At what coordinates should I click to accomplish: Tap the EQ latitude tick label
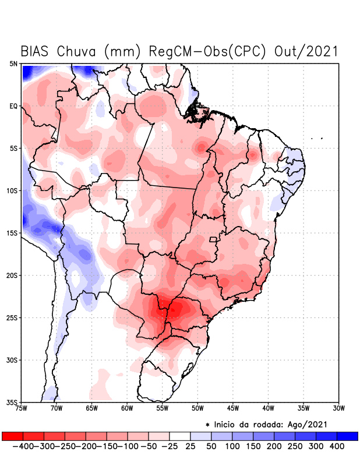(x=14, y=106)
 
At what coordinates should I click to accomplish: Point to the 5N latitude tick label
(x=14, y=63)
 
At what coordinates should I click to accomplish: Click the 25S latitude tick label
(x=12, y=318)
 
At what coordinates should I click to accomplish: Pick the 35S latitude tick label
(x=12, y=403)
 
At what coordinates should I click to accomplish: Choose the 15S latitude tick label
(x=12, y=233)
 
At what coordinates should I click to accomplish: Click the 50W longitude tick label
(x=197, y=408)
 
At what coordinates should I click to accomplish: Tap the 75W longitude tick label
(x=22, y=408)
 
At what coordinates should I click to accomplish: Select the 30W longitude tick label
(x=338, y=408)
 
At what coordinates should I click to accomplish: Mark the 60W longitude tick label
(x=127, y=408)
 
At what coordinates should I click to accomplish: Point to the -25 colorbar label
(x=169, y=446)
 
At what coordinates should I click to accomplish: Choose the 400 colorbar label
(x=337, y=446)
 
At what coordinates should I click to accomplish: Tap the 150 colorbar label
(x=253, y=446)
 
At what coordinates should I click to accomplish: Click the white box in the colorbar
(x=179, y=436)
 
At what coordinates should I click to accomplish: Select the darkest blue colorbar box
(x=347, y=436)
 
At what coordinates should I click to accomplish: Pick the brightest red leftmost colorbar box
(x=12, y=436)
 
